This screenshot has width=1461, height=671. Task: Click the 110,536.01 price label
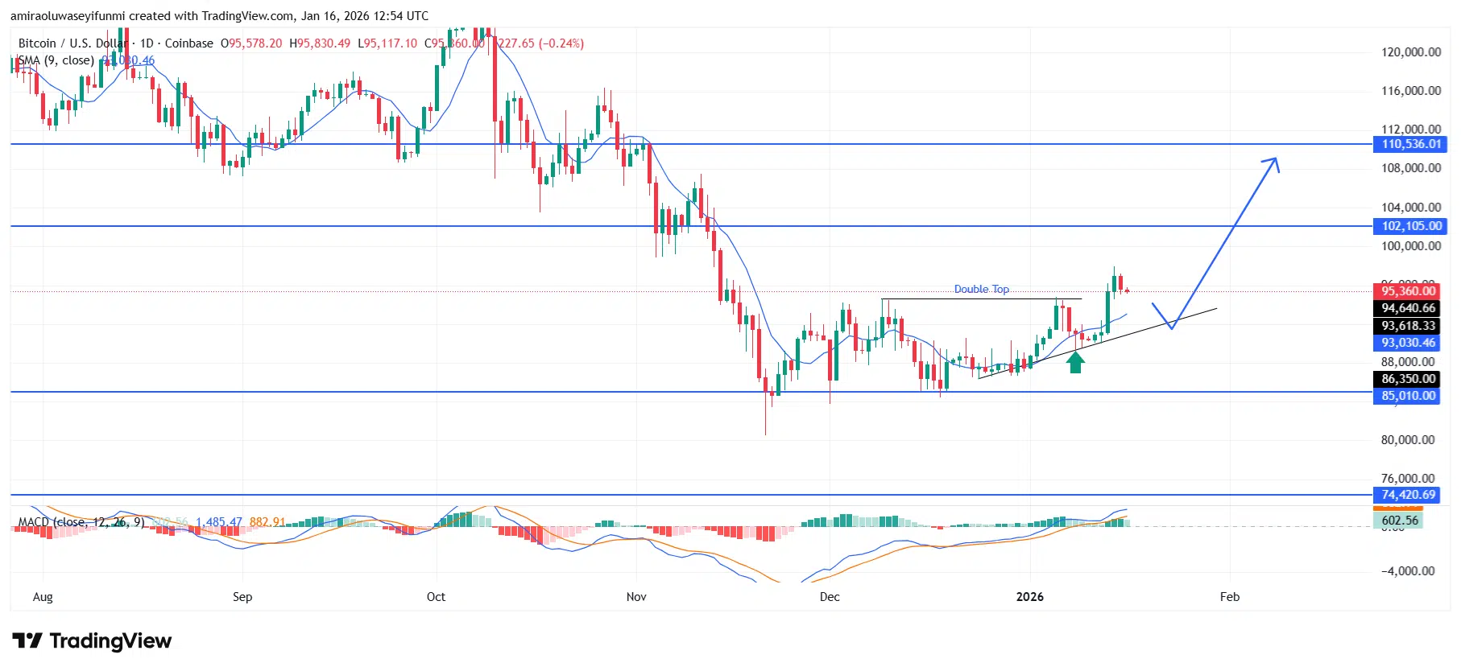pyautogui.click(x=1410, y=144)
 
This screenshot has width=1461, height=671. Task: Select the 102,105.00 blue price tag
pyautogui.click(x=1410, y=226)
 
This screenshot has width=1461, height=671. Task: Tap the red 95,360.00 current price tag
pyautogui.click(x=1407, y=290)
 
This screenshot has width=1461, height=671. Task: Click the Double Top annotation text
pyautogui.click(x=981, y=289)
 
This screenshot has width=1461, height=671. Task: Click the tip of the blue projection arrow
pyautogui.click(x=1276, y=158)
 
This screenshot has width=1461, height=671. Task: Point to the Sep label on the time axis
pyautogui.click(x=242, y=596)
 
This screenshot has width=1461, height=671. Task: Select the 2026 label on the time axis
pyautogui.click(x=1029, y=596)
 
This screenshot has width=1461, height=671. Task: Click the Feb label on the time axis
pyautogui.click(x=1229, y=596)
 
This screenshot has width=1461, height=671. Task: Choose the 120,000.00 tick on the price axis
pyautogui.click(x=1410, y=52)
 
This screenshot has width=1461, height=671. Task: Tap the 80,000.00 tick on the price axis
pyautogui.click(x=1407, y=440)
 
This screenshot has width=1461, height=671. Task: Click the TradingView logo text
pyautogui.click(x=110, y=641)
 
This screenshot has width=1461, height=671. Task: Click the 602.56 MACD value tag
pyautogui.click(x=1399, y=521)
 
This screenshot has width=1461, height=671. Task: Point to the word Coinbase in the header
pyautogui.click(x=189, y=43)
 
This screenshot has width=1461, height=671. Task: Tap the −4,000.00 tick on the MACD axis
pyautogui.click(x=1407, y=571)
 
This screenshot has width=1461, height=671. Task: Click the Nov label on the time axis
pyautogui.click(x=636, y=596)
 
